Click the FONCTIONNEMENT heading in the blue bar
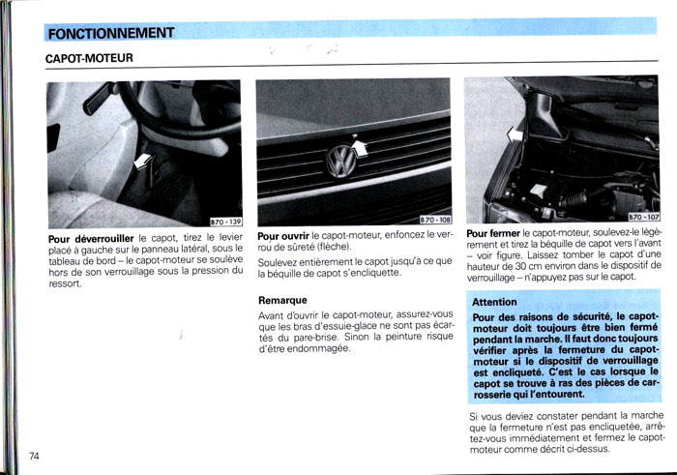pyautogui.click(x=111, y=33)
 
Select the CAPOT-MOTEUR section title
pyautogui.click(x=89, y=58)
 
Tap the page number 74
pyautogui.click(x=34, y=456)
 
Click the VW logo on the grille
pyautogui.click(x=341, y=161)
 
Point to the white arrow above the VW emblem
pyautogui.click(x=360, y=148)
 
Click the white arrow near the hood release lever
pyautogui.click(x=143, y=162)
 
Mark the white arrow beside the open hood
pyautogui.click(x=515, y=134)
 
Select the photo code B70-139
pyautogui.click(x=225, y=222)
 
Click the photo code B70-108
pyautogui.click(x=435, y=220)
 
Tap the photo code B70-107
pyautogui.click(x=644, y=217)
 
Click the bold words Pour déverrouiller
pyautogui.click(x=91, y=239)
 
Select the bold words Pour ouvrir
pyautogui.click(x=283, y=236)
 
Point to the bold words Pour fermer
pyautogui.click(x=493, y=233)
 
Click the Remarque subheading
pyautogui.click(x=282, y=300)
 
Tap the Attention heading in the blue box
pyautogui.click(x=494, y=302)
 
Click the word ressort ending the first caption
pyautogui.click(x=65, y=283)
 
